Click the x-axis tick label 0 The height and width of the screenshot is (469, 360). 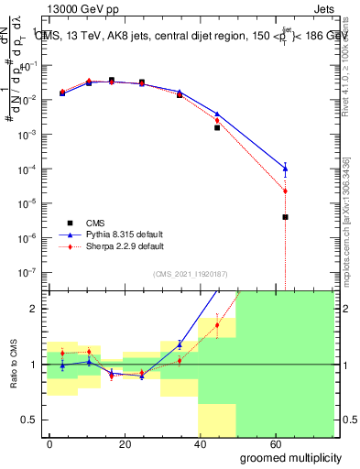50,443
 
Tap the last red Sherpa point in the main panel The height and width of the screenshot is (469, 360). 286,191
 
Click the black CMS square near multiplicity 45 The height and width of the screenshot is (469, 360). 217,127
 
